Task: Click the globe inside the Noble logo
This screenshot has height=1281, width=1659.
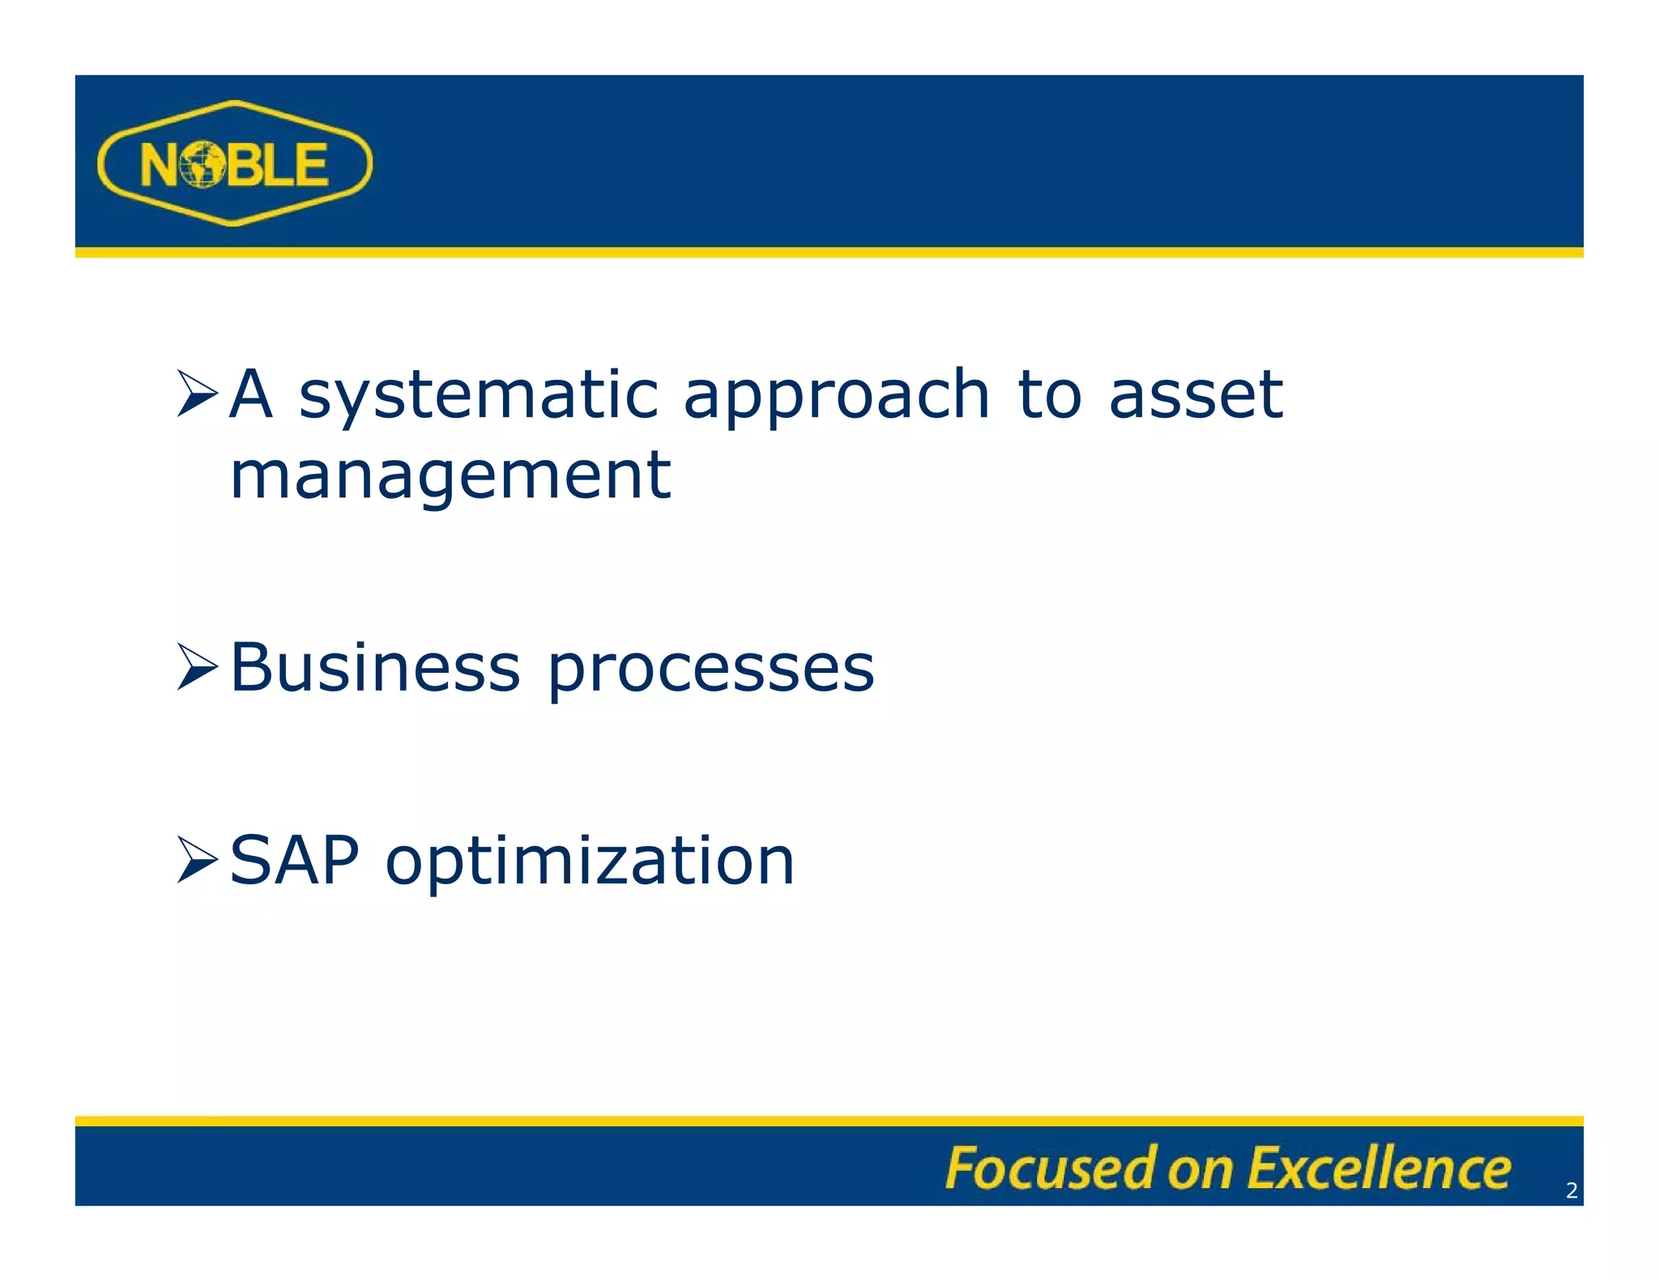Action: (x=201, y=164)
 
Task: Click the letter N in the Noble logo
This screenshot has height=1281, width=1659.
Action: (x=159, y=165)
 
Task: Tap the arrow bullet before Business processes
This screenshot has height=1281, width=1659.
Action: (x=197, y=667)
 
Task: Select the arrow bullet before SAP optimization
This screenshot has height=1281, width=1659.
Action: (x=197, y=860)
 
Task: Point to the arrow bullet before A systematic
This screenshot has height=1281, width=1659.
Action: (x=197, y=394)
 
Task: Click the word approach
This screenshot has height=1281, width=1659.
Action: (x=836, y=397)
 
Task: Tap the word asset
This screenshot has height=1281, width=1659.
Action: (x=1195, y=395)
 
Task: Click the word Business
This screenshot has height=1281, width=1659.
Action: (x=374, y=667)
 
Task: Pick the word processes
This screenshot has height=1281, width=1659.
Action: (x=711, y=670)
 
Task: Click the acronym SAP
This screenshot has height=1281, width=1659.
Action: (x=294, y=860)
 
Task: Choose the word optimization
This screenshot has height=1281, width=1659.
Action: (x=590, y=862)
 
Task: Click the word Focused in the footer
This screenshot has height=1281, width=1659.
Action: (x=1049, y=1168)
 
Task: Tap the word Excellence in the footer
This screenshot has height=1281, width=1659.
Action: (x=1379, y=1168)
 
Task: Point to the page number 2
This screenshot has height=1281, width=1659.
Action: (x=1572, y=1190)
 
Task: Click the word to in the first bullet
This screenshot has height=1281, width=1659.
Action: (x=1049, y=395)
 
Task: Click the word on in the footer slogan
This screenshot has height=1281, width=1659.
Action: (x=1200, y=1171)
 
